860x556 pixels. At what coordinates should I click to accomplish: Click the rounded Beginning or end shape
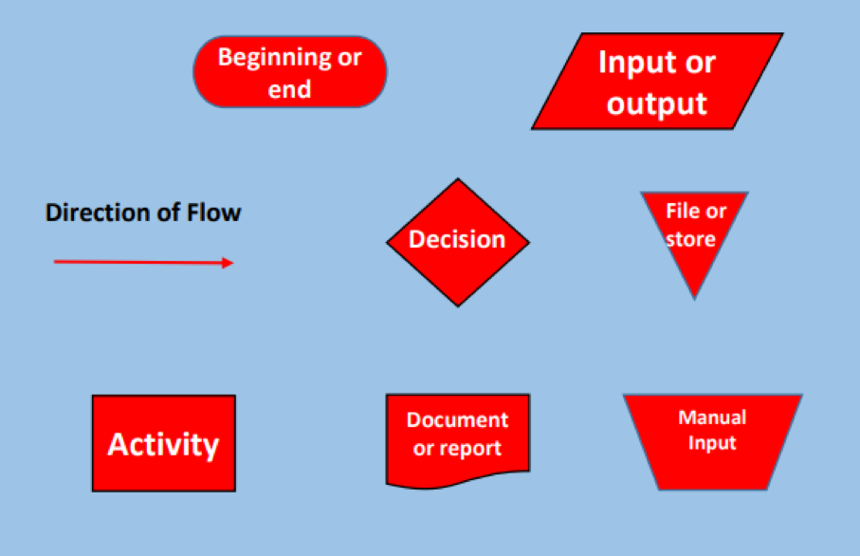point(290,72)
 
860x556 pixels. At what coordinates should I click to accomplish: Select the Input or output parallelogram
point(657,82)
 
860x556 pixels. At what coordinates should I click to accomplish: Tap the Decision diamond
point(457,241)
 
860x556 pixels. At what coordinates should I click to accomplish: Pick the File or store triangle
point(694,237)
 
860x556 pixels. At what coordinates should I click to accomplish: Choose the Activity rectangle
point(163,443)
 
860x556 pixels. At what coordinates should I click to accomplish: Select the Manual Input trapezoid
point(711,442)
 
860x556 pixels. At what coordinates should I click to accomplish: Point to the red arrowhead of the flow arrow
point(228,263)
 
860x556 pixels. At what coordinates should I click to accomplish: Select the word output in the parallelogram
point(657,103)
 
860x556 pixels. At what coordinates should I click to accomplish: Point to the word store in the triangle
point(690,239)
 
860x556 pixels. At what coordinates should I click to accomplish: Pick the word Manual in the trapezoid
point(712,417)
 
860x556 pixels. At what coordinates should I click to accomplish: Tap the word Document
point(457,420)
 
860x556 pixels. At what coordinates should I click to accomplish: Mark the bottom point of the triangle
point(694,297)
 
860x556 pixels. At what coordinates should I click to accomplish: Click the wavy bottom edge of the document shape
point(457,480)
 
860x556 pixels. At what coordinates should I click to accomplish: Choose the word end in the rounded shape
point(290,90)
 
